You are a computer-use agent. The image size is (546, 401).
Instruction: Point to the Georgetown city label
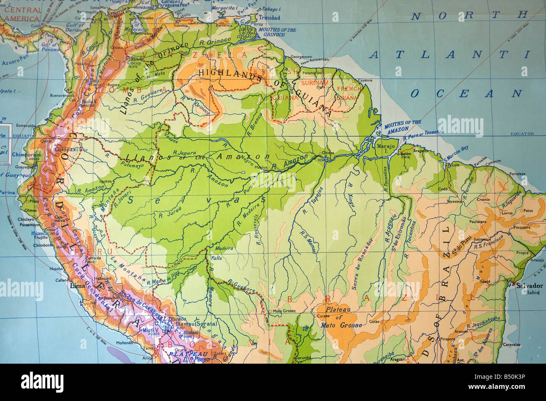coord(302,57)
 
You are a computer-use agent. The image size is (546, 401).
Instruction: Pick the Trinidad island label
coord(269,18)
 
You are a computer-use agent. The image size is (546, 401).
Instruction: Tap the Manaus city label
coord(261,167)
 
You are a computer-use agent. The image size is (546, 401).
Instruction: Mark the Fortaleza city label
coord(517,174)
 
